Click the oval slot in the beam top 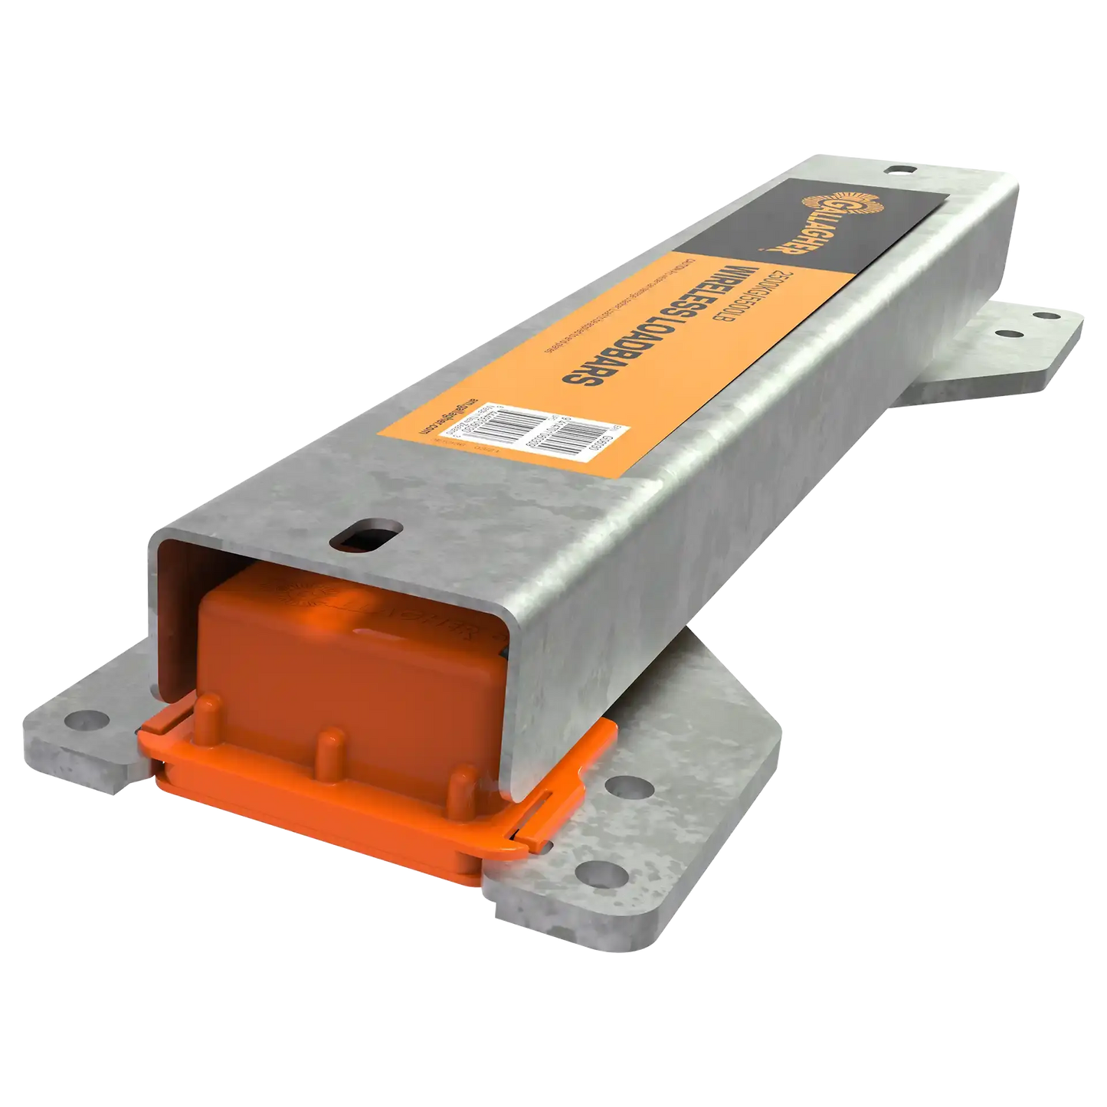click(366, 535)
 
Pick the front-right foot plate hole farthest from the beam click(587, 870)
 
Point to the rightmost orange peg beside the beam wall click(460, 781)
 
